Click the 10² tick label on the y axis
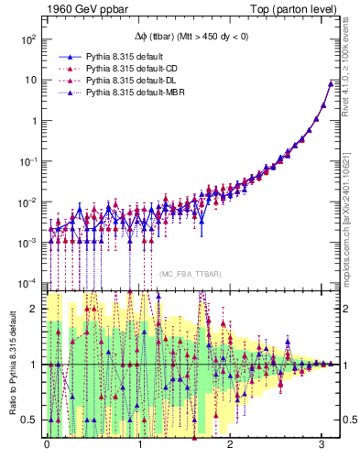pyautogui.click(x=29, y=39)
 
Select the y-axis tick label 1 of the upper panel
pyautogui.click(x=35, y=120)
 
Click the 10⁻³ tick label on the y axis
pyautogui.click(x=29, y=241)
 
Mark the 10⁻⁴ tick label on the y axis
pyautogui.click(x=29, y=281)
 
